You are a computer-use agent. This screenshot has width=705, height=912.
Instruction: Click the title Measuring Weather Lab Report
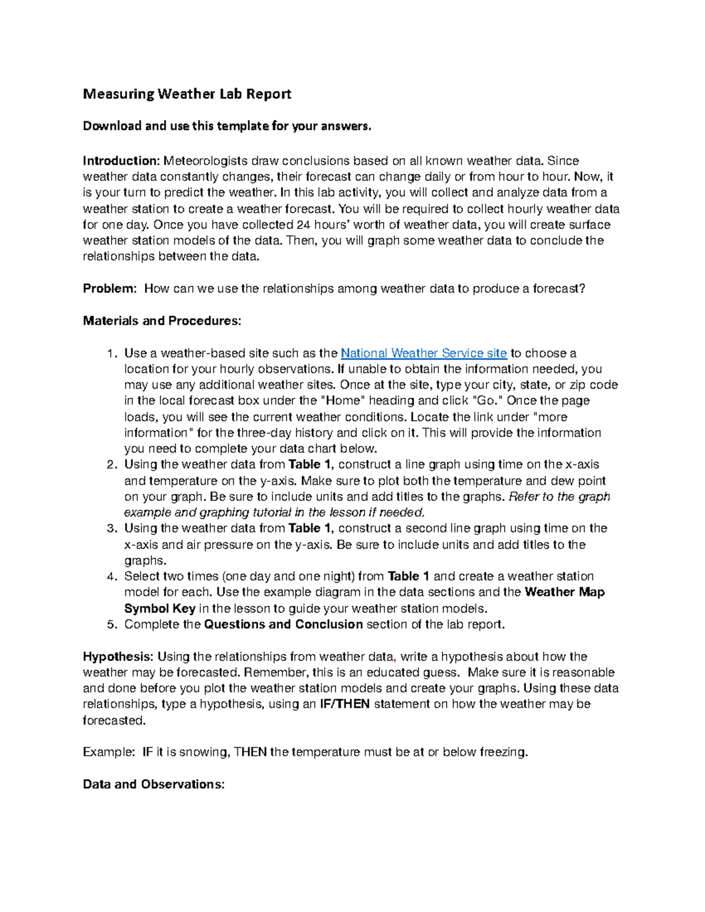[x=187, y=94]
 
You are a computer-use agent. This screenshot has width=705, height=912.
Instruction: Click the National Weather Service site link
[x=424, y=353]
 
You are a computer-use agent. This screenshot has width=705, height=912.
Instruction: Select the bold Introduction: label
[x=121, y=161]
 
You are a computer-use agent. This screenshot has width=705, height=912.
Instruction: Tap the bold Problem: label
[x=110, y=288]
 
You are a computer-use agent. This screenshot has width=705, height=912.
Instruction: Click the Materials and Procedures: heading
[x=162, y=321]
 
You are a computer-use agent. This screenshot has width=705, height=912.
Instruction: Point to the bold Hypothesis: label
[x=118, y=657]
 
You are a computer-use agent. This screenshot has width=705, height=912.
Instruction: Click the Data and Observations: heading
[x=153, y=784]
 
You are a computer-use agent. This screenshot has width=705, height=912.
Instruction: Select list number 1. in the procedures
[x=112, y=354]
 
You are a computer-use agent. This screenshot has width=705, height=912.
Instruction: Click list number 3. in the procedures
[x=112, y=529]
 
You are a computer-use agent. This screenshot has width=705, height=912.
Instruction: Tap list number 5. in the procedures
[x=112, y=624]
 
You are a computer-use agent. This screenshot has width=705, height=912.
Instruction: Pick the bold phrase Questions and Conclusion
[x=283, y=624]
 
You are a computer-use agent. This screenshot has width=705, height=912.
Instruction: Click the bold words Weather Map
[x=565, y=592]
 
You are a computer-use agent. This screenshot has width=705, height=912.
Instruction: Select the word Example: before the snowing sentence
[x=109, y=752]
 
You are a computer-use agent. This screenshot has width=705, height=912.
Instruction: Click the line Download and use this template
[x=227, y=126]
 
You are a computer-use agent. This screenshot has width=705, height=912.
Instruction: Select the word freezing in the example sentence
[x=503, y=752]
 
